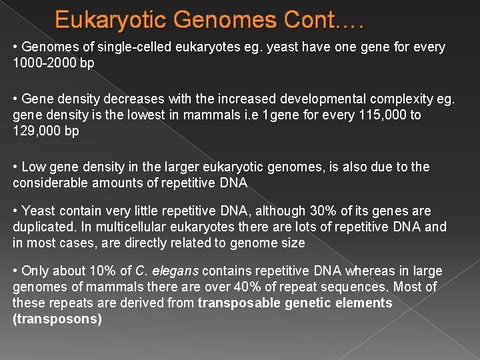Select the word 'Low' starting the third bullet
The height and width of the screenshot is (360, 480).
click(33, 167)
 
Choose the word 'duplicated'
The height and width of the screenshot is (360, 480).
click(41, 227)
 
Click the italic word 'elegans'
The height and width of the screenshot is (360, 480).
click(175, 271)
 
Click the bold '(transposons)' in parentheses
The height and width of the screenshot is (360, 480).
click(57, 319)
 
